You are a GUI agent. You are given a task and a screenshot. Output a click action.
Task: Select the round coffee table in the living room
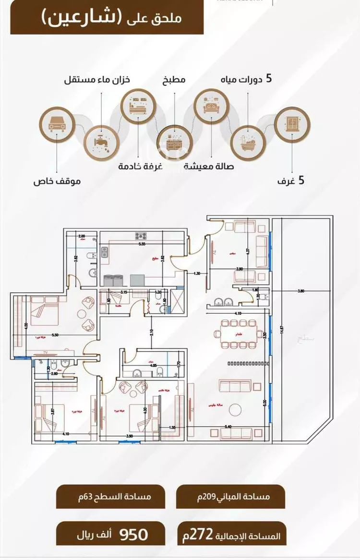(x=236, y=410)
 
